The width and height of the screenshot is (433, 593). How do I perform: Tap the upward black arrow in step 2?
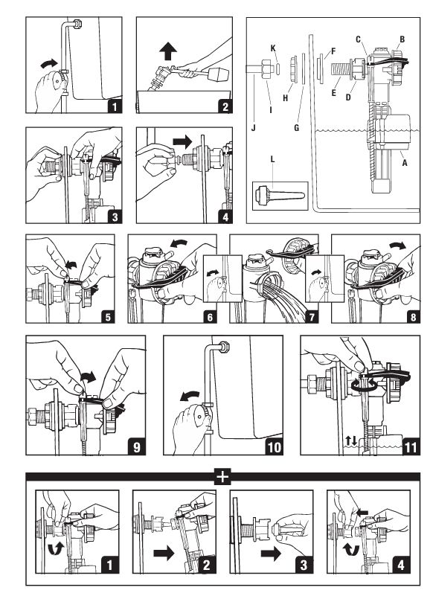tap(168, 51)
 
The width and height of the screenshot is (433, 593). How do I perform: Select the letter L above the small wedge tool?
tap(272, 159)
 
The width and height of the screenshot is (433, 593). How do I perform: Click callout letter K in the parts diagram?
tap(273, 48)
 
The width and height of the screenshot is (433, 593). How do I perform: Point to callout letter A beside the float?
tap(405, 163)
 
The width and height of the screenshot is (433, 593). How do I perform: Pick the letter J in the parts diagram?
tap(254, 128)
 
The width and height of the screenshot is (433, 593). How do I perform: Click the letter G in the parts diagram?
tap(297, 128)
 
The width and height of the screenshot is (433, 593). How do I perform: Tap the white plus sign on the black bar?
tap(222, 476)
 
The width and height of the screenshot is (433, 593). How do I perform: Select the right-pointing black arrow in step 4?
tap(183, 142)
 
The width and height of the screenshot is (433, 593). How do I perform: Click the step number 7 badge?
tap(312, 316)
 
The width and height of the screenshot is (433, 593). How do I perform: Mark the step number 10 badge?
tap(275, 447)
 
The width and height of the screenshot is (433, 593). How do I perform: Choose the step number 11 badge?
tap(411, 447)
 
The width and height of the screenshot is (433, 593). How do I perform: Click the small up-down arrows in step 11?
tap(351, 440)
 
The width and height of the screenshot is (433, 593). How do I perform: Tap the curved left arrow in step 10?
tap(189, 396)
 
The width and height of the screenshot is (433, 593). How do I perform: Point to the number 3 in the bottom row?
tap(304, 565)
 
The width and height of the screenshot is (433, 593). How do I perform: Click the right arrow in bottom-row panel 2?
tap(164, 554)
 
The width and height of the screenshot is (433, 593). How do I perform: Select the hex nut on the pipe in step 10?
tap(224, 346)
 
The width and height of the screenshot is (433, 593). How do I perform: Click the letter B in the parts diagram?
tap(402, 39)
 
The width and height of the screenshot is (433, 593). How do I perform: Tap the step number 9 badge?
tap(136, 447)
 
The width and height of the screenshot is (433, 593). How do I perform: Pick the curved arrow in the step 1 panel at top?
tap(49, 63)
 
